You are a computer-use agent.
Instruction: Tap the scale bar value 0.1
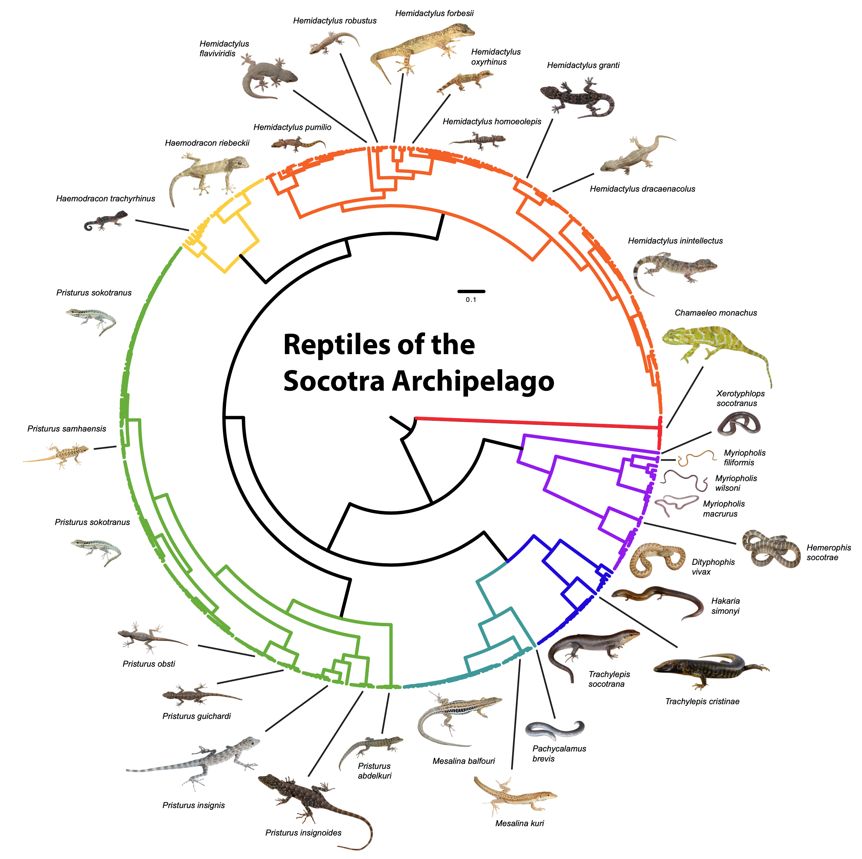471,300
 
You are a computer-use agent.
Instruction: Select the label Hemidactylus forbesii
434,13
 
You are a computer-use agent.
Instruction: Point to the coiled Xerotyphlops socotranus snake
738,424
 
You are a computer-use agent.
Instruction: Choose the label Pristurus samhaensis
67,428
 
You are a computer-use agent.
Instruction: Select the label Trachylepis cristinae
702,702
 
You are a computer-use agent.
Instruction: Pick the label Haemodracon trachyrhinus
106,199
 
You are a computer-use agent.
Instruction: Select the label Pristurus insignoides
303,833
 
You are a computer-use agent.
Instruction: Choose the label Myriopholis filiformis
744,458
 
